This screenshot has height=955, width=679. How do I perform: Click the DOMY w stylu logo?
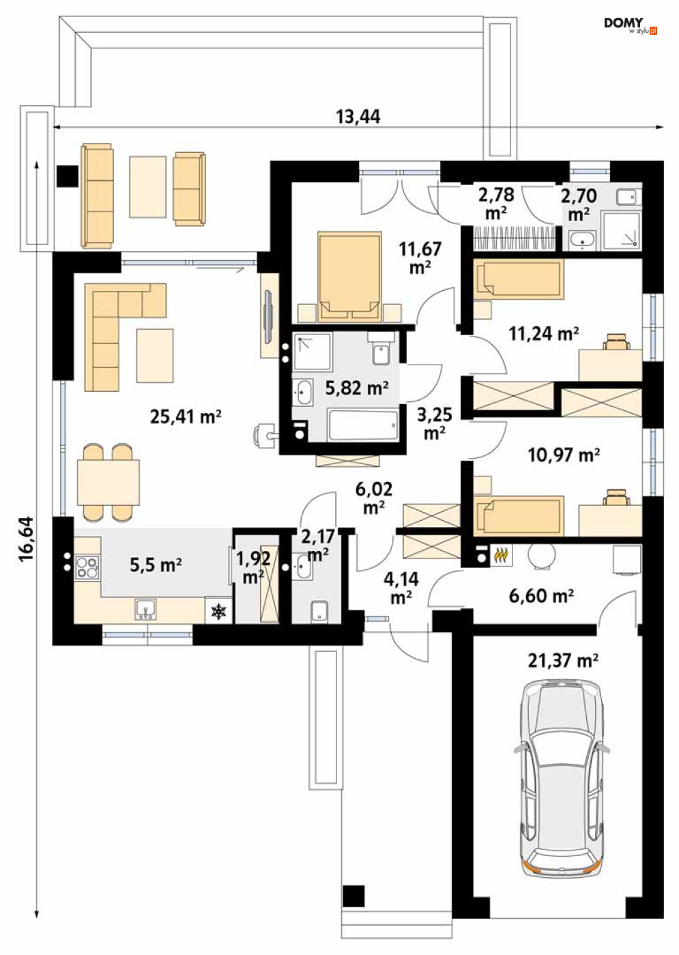coord(631,26)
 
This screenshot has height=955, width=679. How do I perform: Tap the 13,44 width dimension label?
coord(358,117)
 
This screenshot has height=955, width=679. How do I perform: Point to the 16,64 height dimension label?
coord(27,539)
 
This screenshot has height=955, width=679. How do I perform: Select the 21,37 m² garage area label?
coord(562,661)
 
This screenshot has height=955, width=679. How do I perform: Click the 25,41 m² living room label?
coord(186,416)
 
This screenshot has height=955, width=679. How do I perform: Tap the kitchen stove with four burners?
coord(87,567)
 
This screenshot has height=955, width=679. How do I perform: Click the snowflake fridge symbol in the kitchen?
coord(219,612)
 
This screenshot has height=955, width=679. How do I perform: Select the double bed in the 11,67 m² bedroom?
coord(349,276)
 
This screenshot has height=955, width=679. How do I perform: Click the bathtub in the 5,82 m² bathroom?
coord(363,425)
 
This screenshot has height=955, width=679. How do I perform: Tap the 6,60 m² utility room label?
coord(541,596)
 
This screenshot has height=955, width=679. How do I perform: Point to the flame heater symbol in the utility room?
coord(501,556)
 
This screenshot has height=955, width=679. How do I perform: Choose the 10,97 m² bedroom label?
coord(564,455)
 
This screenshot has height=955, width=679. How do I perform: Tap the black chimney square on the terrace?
coord(68,176)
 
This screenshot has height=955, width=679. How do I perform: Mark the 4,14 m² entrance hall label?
coord(401,589)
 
